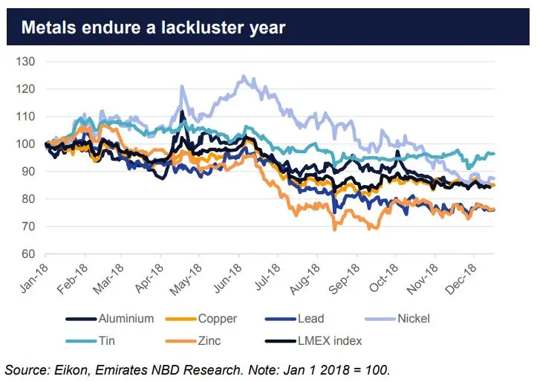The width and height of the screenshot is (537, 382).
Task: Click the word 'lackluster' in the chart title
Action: point(203,27)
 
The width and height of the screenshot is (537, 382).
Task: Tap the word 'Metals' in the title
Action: point(48,27)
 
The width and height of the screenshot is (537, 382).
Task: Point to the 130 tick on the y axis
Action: point(25,62)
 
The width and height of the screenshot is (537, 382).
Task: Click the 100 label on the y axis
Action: point(25,144)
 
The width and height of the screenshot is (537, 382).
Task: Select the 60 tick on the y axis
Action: point(28,254)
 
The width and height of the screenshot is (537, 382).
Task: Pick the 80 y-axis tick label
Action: point(28,198)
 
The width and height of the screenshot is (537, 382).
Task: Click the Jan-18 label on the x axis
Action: point(33,279)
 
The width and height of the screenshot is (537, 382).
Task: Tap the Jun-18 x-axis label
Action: point(227,279)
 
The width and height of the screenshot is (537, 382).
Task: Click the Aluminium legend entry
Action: point(110,319)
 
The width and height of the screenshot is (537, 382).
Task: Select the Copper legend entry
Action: point(201,319)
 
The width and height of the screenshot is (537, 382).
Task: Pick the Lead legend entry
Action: point(295,319)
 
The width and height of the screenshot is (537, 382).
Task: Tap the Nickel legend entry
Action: point(397,319)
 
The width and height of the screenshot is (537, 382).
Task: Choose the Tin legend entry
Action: point(90,341)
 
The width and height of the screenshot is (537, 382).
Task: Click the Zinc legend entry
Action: point(193,341)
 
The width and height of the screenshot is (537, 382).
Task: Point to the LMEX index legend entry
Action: point(313,341)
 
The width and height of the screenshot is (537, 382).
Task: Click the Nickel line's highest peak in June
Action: point(244,76)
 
